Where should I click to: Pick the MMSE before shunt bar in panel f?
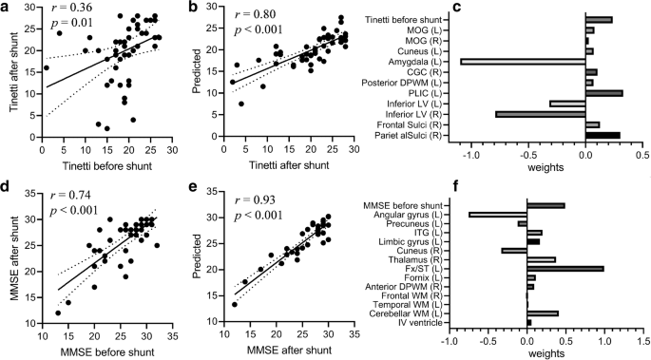pos(546,204)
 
